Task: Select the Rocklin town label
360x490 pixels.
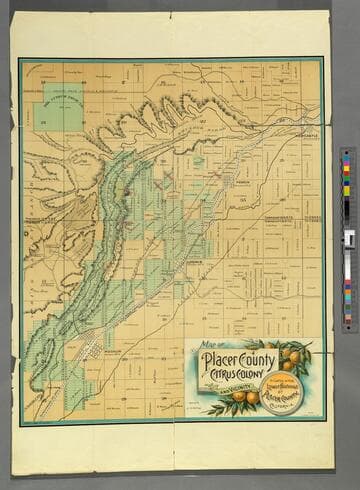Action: point(113,352)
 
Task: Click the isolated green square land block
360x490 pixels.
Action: point(63,107)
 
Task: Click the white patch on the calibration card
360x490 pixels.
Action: point(349,239)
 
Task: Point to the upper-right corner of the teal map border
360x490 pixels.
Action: point(323,59)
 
